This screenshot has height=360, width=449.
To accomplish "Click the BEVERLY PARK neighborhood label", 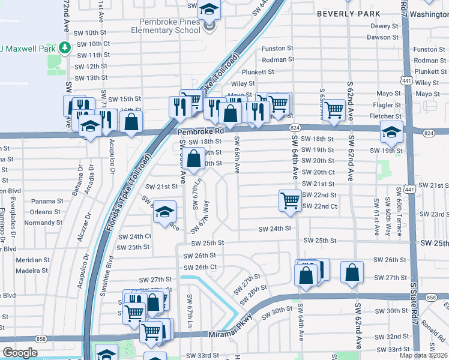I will tap(348, 13).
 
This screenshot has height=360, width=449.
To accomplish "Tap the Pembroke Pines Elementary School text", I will tap(166, 26).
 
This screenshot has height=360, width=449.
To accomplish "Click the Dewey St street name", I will tap(384, 26).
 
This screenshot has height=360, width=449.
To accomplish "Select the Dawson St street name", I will tap(382, 37).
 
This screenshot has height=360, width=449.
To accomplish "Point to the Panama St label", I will tap(47, 201).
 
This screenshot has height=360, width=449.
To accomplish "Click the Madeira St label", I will tap(33, 271).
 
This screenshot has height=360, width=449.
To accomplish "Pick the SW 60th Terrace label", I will tap(399, 205).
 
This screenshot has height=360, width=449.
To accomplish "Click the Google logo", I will tap(20, 353).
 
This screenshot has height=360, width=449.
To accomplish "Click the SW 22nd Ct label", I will tap(320, 206).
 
